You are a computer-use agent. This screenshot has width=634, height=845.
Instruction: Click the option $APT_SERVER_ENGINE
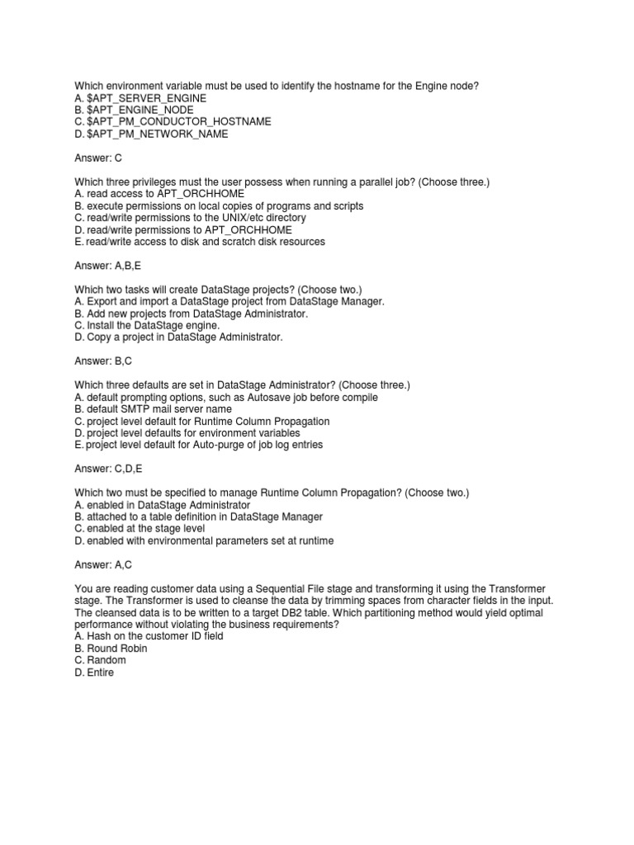tap(140, 97)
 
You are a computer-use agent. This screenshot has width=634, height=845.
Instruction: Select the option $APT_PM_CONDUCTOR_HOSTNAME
tap(173, 121)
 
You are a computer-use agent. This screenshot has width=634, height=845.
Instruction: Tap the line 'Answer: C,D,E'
tap(110, 469)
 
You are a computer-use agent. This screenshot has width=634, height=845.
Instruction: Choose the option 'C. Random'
tap(100, 660)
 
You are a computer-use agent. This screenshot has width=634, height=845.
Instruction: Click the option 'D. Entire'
tap(94, 673)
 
